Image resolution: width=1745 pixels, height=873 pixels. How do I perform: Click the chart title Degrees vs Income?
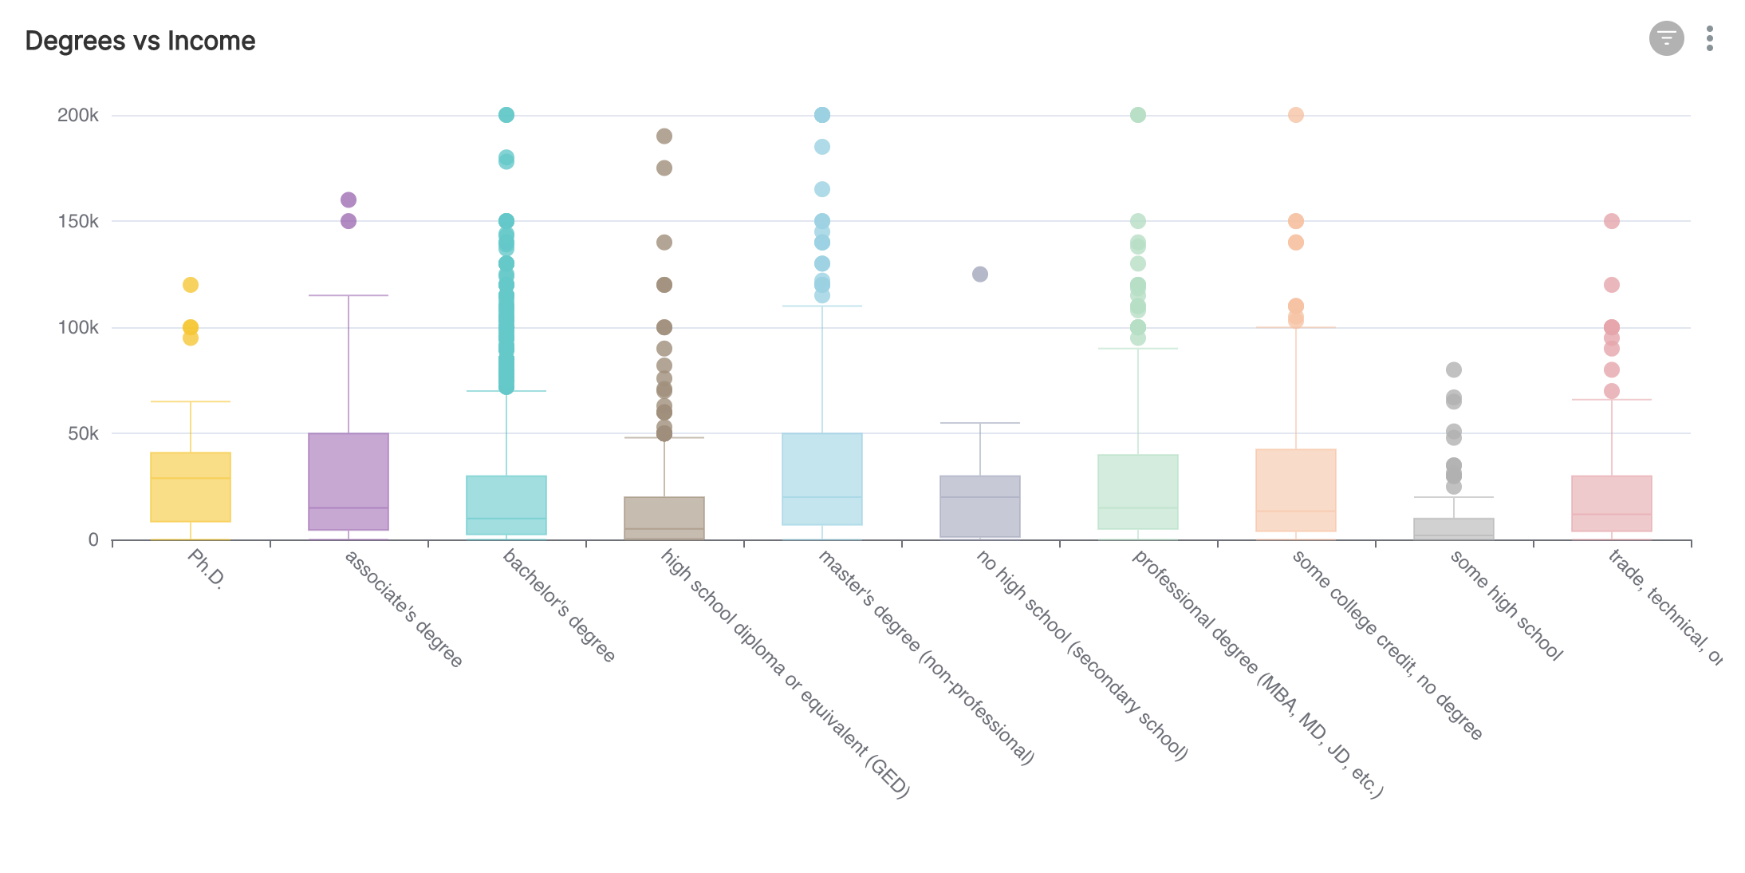click(140, 41)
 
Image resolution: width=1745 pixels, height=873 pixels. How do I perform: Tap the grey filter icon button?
click(1666, 38)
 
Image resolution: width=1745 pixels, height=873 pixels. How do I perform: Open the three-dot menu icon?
click(1709, 38)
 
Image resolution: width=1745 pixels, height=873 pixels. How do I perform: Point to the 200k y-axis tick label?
click(78, 115)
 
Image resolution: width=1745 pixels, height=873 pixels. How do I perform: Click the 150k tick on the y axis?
click(78, 221)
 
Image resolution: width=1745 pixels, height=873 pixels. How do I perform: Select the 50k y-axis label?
click(83, 433)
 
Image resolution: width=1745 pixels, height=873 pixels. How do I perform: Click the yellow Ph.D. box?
click(191, 488)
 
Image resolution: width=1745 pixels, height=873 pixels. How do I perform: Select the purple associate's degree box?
click(349, 481)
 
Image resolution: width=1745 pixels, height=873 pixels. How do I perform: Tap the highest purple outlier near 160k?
click(349, 199)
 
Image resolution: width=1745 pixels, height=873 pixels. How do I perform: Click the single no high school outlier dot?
click(980, 275)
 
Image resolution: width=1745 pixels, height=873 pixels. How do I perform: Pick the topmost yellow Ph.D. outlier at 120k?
click(191, 285)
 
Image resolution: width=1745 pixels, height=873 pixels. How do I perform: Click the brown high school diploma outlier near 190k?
click(664, 136)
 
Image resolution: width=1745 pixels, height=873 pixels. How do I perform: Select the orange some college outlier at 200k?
click(1296, 115)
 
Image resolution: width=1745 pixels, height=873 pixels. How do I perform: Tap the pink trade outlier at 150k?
click(1612, 221)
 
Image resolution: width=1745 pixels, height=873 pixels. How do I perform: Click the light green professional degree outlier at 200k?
click(1138, 115)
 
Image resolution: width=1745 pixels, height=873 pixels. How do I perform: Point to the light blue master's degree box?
click(822, 479)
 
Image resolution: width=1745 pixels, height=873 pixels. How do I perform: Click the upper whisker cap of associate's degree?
click(349, 295)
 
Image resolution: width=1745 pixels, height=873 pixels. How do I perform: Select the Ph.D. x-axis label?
click(205, 568)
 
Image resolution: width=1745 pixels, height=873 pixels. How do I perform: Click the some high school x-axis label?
click(1505, 606)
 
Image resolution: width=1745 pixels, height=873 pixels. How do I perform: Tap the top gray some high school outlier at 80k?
click(1454, 369)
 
